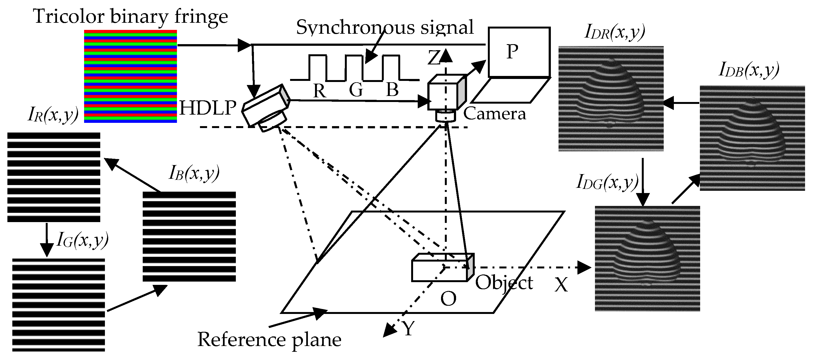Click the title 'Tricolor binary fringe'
click(x=130, y=16)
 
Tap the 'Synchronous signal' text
click(x=384, y=27)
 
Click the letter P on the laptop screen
click(x=512, y=51)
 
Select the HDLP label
click(x=207, y=108)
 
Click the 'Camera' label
click(x=494, y=114)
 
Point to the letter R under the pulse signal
click(x=319, y=91)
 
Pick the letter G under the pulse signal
click(x=356, y=90)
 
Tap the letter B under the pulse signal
click(x=392, y=90)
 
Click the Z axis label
click(x=434, y=58)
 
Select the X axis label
click(x=561, y=285)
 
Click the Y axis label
click(x=408, y=329)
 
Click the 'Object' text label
click(x=504, y=283)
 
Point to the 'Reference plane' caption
click(x=269, y=340)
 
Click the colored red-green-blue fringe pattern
click(x=130, y=76)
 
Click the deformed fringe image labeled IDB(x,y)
click(x=752, y=138)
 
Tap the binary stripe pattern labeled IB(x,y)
click(x=189, y=236)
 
